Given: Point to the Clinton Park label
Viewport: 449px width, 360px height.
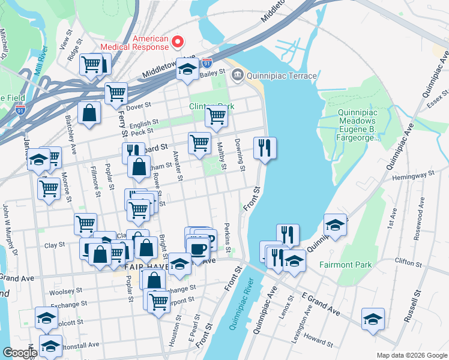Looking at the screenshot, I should click(x=209, y=106).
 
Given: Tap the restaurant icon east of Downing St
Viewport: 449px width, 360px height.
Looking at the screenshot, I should click(x=265, y=147).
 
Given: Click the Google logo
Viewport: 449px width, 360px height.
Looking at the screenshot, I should click(x=19, y=352).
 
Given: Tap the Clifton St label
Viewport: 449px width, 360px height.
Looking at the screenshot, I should click(x=409, y=262).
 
